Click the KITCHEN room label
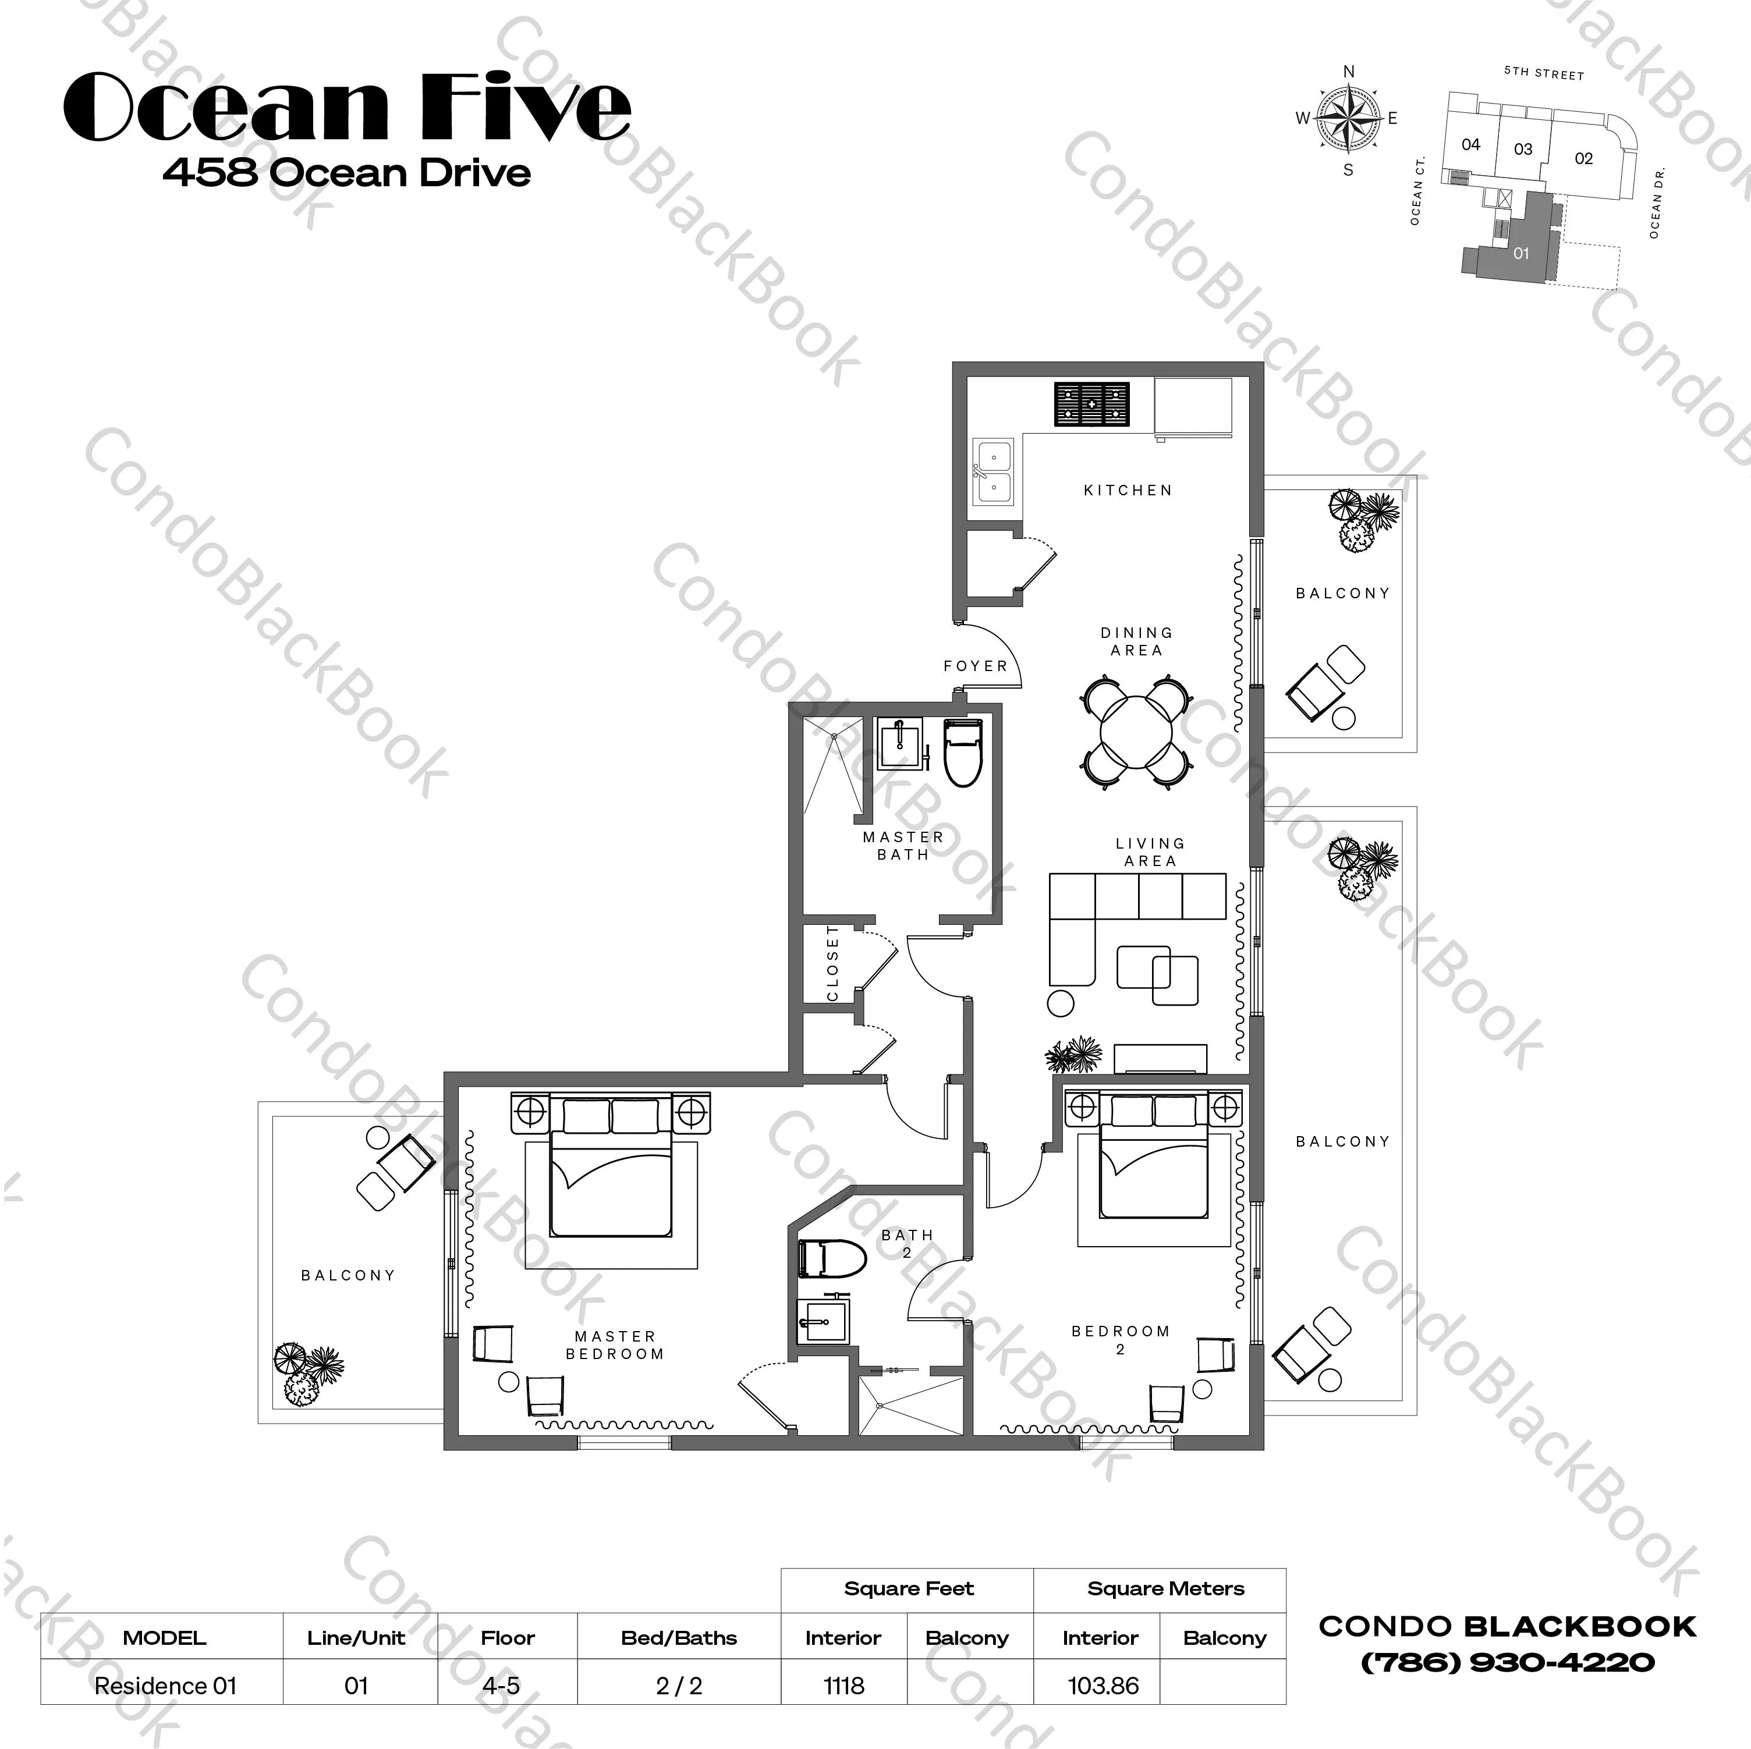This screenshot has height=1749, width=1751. [1128, 490]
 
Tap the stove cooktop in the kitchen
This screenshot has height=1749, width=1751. [1092, 404]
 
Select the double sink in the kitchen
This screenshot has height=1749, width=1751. [993, 471]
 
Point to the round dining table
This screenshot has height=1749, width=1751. [1136, 731]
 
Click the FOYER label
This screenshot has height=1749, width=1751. [975, 666]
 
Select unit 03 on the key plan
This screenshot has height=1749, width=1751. [1523, 148]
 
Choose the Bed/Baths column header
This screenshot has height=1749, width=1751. [679, 1637]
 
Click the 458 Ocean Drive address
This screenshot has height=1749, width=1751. [347, 172]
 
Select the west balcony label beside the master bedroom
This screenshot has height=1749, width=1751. [348, 1275]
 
